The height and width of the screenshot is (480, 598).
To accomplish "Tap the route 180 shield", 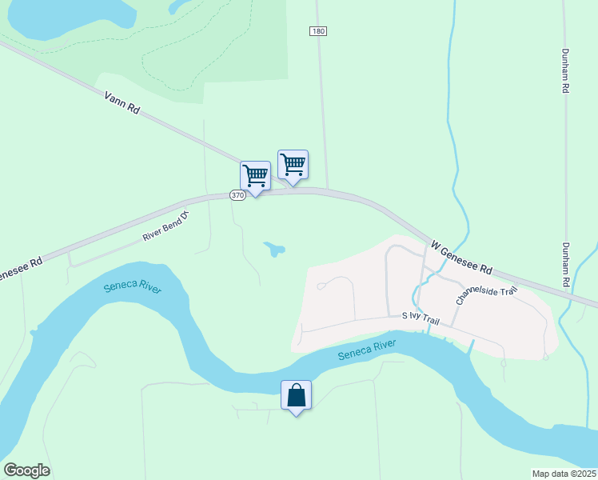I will (318, 30).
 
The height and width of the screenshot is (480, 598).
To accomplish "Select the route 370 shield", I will (237, 195).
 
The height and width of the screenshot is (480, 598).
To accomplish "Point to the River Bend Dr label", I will (165, 226).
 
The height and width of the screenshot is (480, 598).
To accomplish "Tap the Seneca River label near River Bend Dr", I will (133, 286).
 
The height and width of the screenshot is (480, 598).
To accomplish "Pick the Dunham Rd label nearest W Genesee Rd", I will (565, 265).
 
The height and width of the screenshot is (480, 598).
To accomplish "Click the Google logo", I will (27, 470).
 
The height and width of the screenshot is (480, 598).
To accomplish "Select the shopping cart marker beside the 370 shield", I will (255, 177).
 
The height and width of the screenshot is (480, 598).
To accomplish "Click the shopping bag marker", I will (296, 395).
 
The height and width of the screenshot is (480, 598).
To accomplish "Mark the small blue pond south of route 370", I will (275, 250).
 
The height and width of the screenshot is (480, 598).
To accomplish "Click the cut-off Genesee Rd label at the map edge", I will (19, 268).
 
